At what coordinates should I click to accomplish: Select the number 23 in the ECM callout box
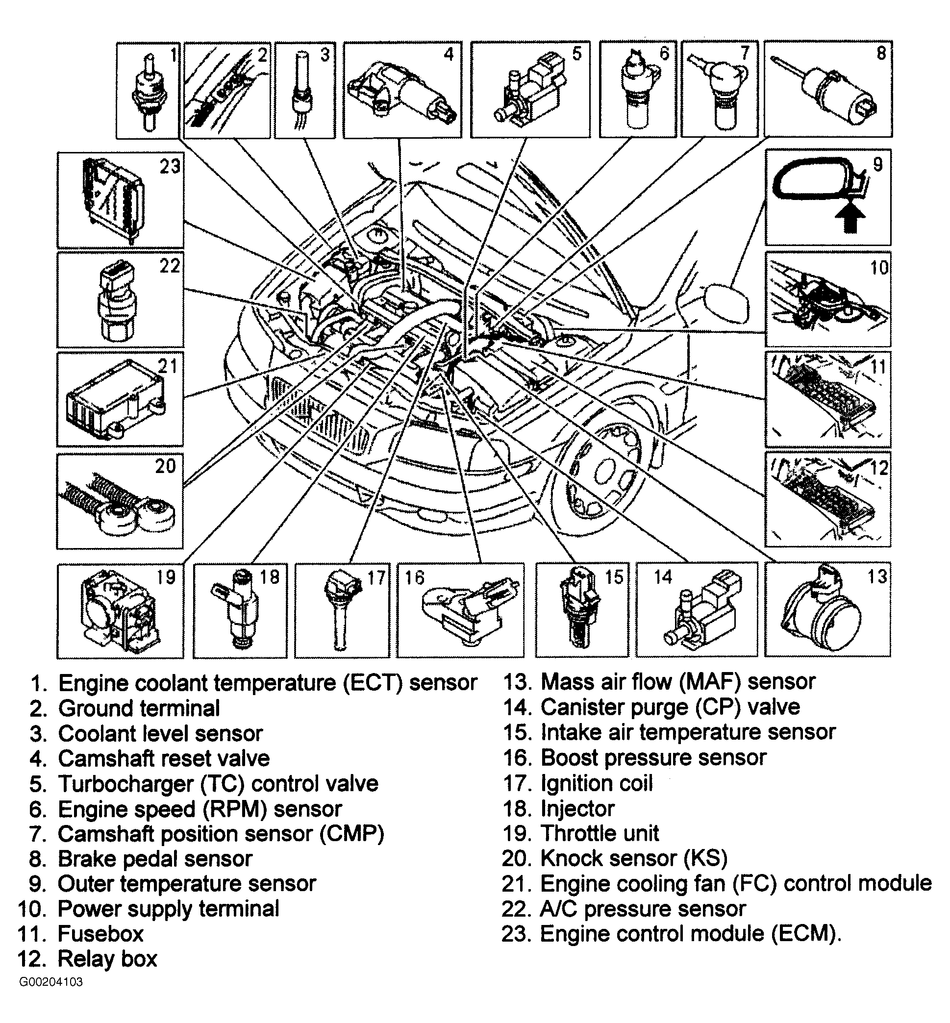click(170, 166)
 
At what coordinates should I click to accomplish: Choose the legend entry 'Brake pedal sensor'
click(155, 859)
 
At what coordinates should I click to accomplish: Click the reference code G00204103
click(51, 982)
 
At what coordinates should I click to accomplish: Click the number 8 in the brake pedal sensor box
click(881, 53)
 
